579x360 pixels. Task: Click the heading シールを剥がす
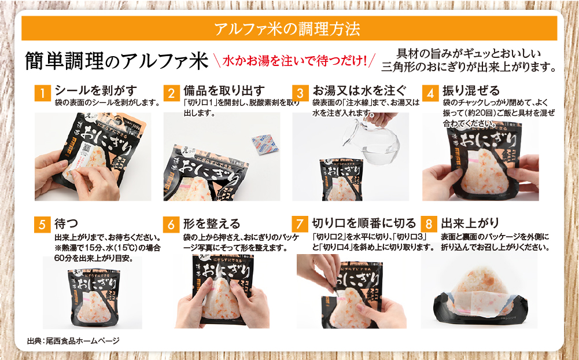coord(96,90)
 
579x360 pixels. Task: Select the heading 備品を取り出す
coord(224,90)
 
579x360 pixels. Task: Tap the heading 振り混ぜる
coord(470,90)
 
